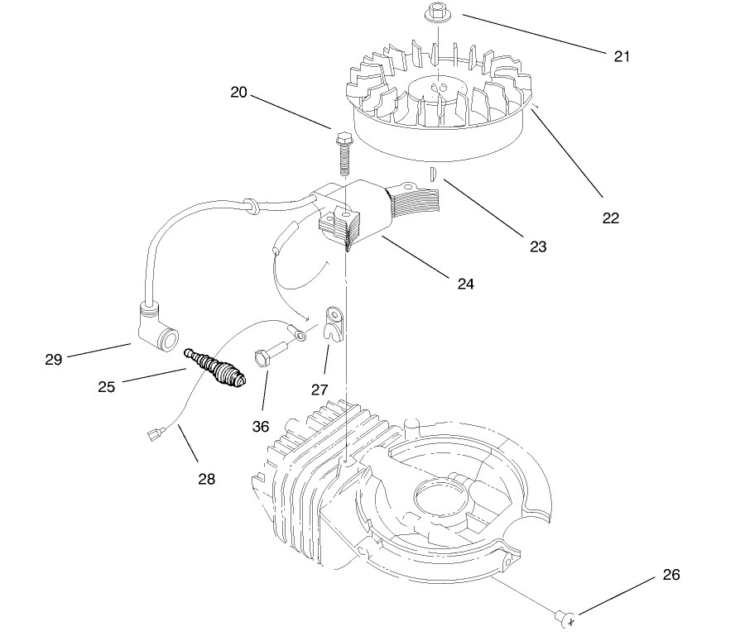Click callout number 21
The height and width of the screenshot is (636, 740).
pyautogui.click(x=622, y=56)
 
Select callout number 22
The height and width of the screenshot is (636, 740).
pyautogui.click(x=611, y=218)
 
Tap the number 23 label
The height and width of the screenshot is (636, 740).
pyautogui.click(x=538, y=246)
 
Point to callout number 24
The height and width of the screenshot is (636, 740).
pyautogui.click(x=465, y=283)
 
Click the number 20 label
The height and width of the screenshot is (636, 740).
pyautogui.click(x=239, y=93)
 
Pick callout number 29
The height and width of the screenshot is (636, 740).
pyautogui.click(x=54, y=359)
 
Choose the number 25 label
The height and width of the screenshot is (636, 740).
pyautogui.click(x=106, y=385)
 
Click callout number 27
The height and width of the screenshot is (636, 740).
pyautogui.click(x=320, y=389)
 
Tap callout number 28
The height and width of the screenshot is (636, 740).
pyautogui.click(x=206, y=477)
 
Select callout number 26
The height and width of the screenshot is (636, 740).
pyautogui.click(x=671, y=574)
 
